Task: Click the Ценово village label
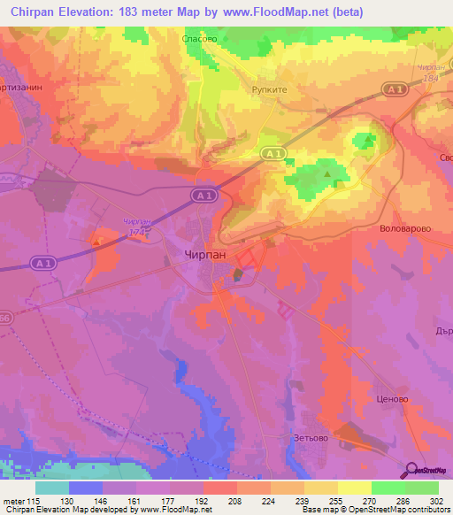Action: [x=392, y=399]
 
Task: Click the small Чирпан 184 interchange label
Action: [x=431, y=73]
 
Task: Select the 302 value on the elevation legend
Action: [x=437, y=500]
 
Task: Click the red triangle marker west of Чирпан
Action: [x=95, y=238]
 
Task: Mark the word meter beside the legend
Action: [x=13, y=500]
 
